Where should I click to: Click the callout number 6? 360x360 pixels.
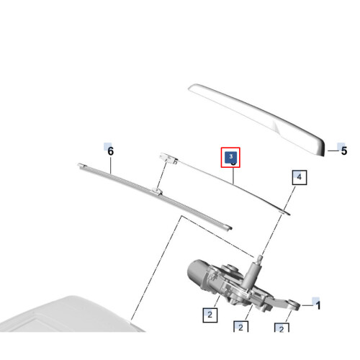tap(110, 151)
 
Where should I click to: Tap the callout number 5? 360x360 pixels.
tap(344, 150)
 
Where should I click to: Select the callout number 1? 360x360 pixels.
tap(318, 305)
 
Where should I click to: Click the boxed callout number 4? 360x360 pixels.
tap(300, 178)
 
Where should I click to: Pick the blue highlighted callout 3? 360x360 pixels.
tap(230, 157)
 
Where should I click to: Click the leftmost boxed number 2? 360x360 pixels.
tap(210, 315)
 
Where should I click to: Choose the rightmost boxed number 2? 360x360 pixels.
tap(282, 328)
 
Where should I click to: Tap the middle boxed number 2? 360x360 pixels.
tap(240, 327)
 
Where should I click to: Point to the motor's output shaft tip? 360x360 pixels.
tap(259, 258)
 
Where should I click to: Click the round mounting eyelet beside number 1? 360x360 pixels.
tap(293, 305)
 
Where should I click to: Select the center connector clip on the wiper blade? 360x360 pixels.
tap(156, 192)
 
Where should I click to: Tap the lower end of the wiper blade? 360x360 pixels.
tap(228, 228)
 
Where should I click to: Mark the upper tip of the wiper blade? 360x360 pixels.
tap(81, 165)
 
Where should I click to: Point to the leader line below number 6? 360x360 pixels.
tap(111, 165)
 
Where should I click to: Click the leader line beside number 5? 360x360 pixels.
tap(333, 150)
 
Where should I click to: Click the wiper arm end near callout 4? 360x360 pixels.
tap(285, 212)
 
